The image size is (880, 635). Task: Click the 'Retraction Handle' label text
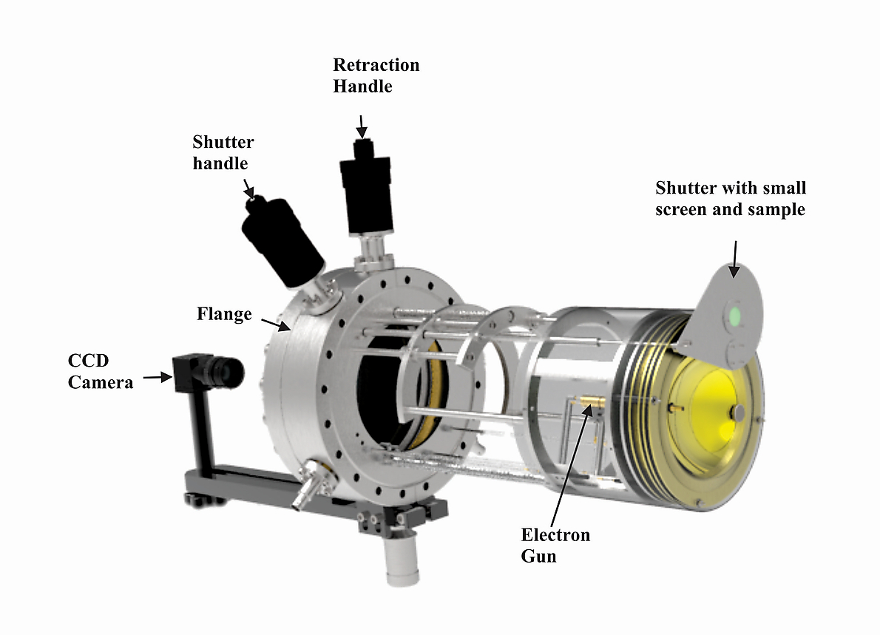point(376,75)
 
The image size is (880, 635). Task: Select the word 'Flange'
point(224,314)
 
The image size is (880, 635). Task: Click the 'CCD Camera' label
point(100,371)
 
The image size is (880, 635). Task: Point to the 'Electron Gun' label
point(555,544)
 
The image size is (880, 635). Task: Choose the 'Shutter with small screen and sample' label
point(731,199)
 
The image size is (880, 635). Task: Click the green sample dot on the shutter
point(734,316)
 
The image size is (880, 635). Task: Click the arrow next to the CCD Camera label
point(157,378)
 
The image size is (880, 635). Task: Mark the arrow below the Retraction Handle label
point(361,126)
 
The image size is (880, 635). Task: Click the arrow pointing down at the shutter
point(734,259)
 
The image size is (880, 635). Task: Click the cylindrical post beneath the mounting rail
point(400,562)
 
